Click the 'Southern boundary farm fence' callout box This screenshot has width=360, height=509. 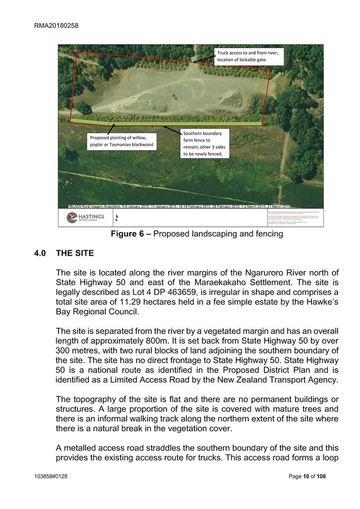point(204,143)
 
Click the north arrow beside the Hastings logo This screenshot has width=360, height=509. point(116,217)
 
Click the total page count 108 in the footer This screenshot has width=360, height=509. point(321,477)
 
